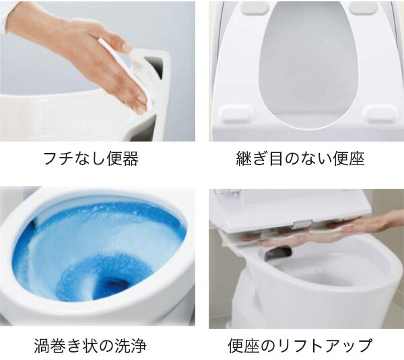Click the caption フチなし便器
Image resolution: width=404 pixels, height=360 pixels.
tap(91, 158)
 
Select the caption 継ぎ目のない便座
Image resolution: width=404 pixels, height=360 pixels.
tap(300, 158)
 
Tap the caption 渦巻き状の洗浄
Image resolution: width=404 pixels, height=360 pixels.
tap(90, 345)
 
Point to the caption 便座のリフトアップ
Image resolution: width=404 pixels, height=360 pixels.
tap(300, 345)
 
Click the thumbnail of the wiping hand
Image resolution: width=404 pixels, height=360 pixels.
tap(98, 71)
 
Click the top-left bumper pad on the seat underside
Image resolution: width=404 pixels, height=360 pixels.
tap(255, 7)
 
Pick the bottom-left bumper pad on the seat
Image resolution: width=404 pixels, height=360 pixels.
tap(236, 113)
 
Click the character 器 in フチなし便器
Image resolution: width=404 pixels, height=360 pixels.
tap(131, 158)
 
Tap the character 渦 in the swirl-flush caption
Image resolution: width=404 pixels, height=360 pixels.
tap(42, 346)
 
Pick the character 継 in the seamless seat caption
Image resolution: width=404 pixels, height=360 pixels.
tap(244, 158)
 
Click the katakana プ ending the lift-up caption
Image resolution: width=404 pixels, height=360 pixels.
tap(364, 346)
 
